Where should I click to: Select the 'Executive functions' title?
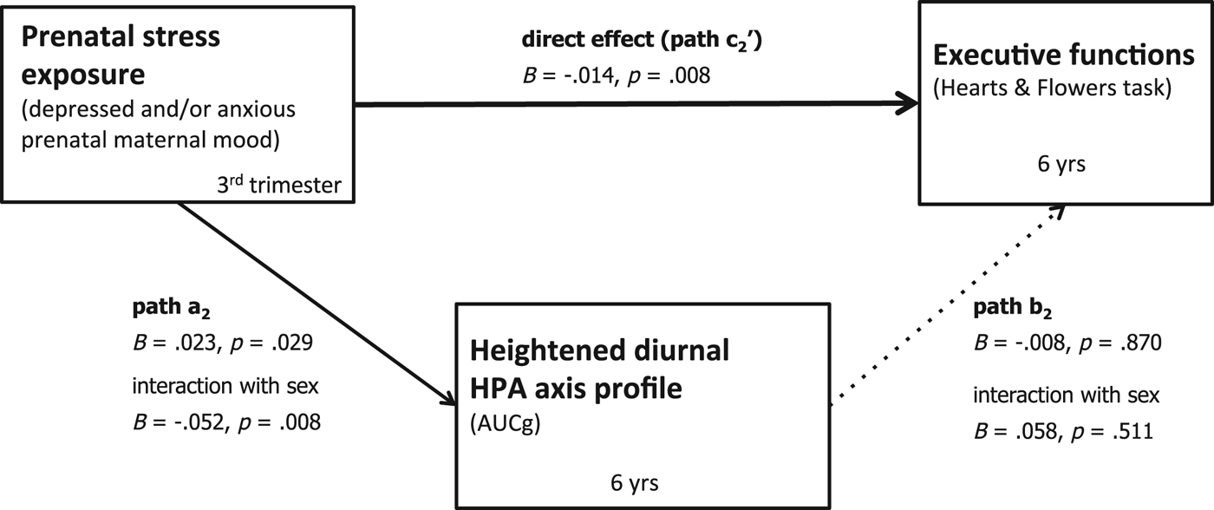pyautogui.click(x=1063, y=56)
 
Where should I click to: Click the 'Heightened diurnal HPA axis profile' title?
pyautogui.click(x=598, y=369)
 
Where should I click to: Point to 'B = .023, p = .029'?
pyautogui.click(x=223, y=343)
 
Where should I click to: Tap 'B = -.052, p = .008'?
pyautogui.click(x=225, y=422)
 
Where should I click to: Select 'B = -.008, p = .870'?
pyautogui.click(x=1067, y=344)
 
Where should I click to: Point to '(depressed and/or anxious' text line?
pyautogui.click(x=155, y=110)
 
